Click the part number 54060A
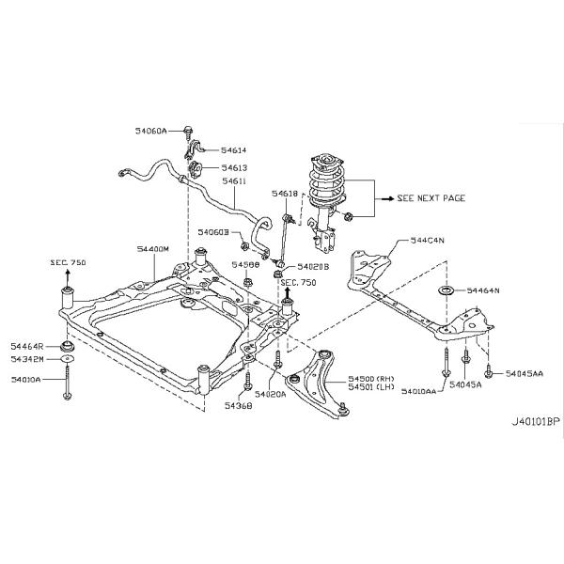coord(149,131)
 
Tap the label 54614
coord(234,150)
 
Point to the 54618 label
coord(285,194)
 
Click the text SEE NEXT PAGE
coord(431,199)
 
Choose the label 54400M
coord(151,249)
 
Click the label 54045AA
coord(524,373)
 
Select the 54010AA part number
coord(419,389)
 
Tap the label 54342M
coord(28,358)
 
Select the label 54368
coord(239,407)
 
